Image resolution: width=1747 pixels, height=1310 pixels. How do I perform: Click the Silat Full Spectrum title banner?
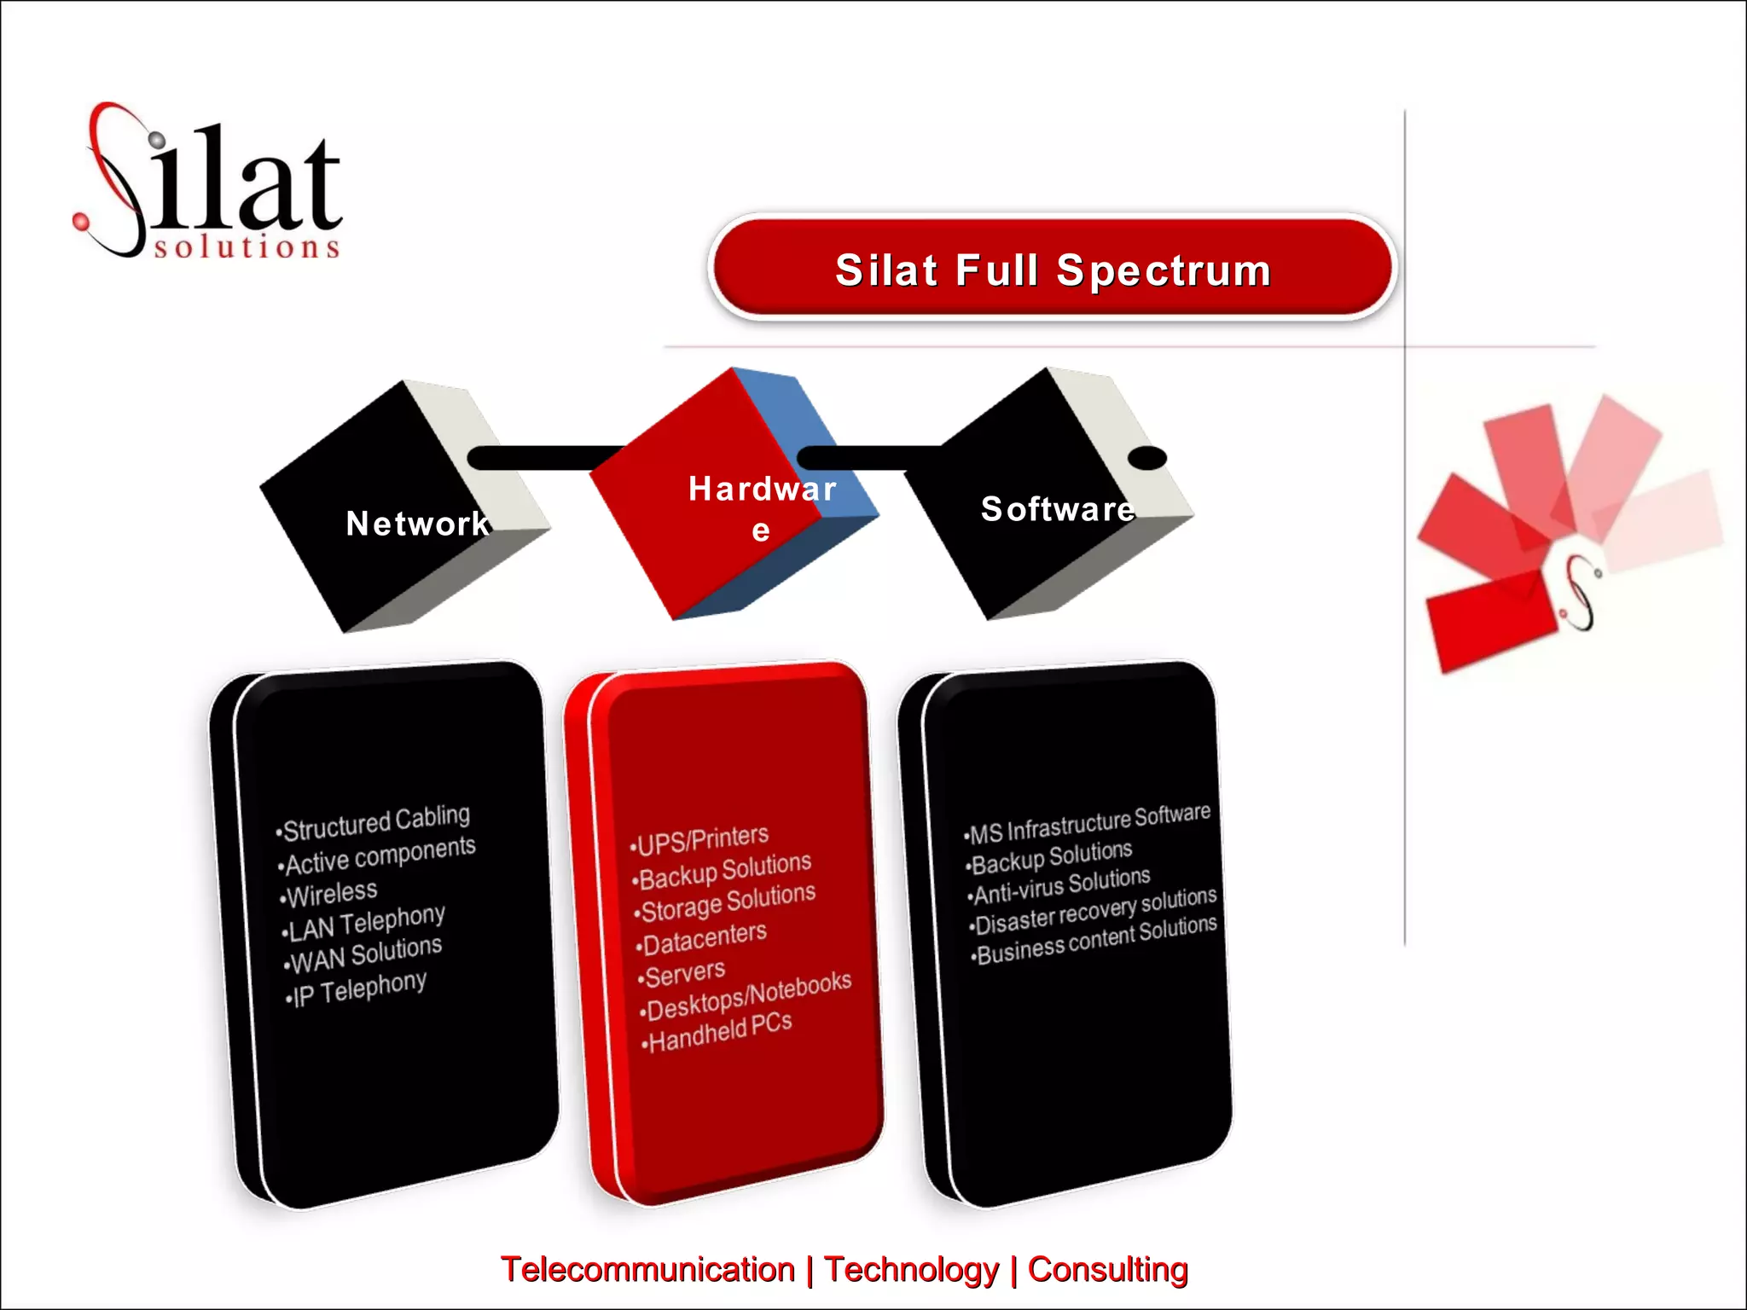1053,270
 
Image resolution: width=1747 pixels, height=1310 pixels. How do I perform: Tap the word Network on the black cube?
418,524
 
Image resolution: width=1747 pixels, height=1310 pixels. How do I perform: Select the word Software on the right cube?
1058,509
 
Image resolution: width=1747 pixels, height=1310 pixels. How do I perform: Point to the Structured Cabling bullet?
375,824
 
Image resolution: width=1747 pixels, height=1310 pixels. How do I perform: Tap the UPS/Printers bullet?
701,841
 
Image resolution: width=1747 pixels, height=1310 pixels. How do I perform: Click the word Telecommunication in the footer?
648,1269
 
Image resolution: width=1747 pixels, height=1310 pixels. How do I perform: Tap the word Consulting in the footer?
1107,1269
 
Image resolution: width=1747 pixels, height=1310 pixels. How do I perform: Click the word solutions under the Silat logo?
247,247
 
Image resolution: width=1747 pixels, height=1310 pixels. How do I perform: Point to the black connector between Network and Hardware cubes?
546,458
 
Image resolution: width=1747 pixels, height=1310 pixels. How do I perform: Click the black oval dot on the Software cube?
1147,458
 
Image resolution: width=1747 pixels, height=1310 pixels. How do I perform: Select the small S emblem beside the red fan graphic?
1582,593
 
